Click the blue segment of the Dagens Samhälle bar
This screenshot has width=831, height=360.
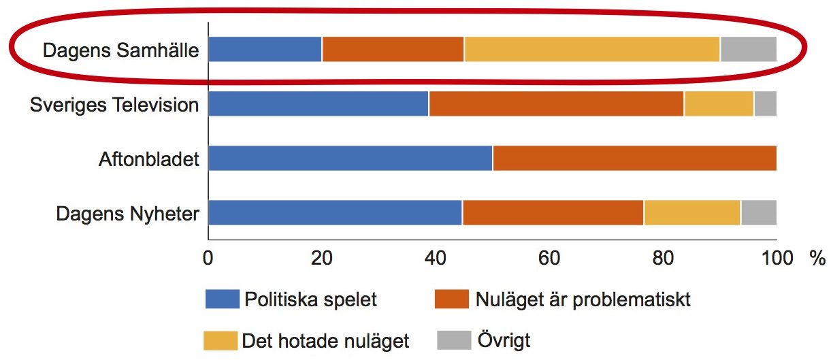(x=265, y=50)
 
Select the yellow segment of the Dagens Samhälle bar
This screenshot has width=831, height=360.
(x=592, y=50)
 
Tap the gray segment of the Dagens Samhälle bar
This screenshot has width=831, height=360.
(x=749, y=50)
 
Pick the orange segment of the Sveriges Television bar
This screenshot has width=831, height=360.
(x=556, y=103)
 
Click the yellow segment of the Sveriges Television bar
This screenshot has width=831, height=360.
(x=719, y=103)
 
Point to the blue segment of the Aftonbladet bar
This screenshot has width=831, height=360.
(x=351, y=158)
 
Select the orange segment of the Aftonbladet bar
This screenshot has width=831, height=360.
(x=635, y=158)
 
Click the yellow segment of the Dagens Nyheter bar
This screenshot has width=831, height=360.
(x=692, y=212)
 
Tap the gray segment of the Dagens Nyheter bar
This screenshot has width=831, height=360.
(x=759, y=212)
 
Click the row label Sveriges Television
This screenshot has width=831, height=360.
(x=114, y=105)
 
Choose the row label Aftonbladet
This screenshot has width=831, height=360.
(x=149, y=159)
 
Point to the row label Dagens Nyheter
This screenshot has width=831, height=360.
(x=128, y=214)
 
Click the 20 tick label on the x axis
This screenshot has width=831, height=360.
(x=322, y=258)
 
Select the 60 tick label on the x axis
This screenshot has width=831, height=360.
(x=549, y=258)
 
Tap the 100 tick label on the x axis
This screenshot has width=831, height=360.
(x=777, y=258)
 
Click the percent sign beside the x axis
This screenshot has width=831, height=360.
(x=817, y=258)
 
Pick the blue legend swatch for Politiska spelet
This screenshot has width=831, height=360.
(x=223, y=299)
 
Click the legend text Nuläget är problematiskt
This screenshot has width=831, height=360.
(x=583, y=300)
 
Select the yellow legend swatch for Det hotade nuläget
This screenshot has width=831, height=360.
(x=221, y=341)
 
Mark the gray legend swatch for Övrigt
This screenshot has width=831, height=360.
(x=454, y=340)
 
